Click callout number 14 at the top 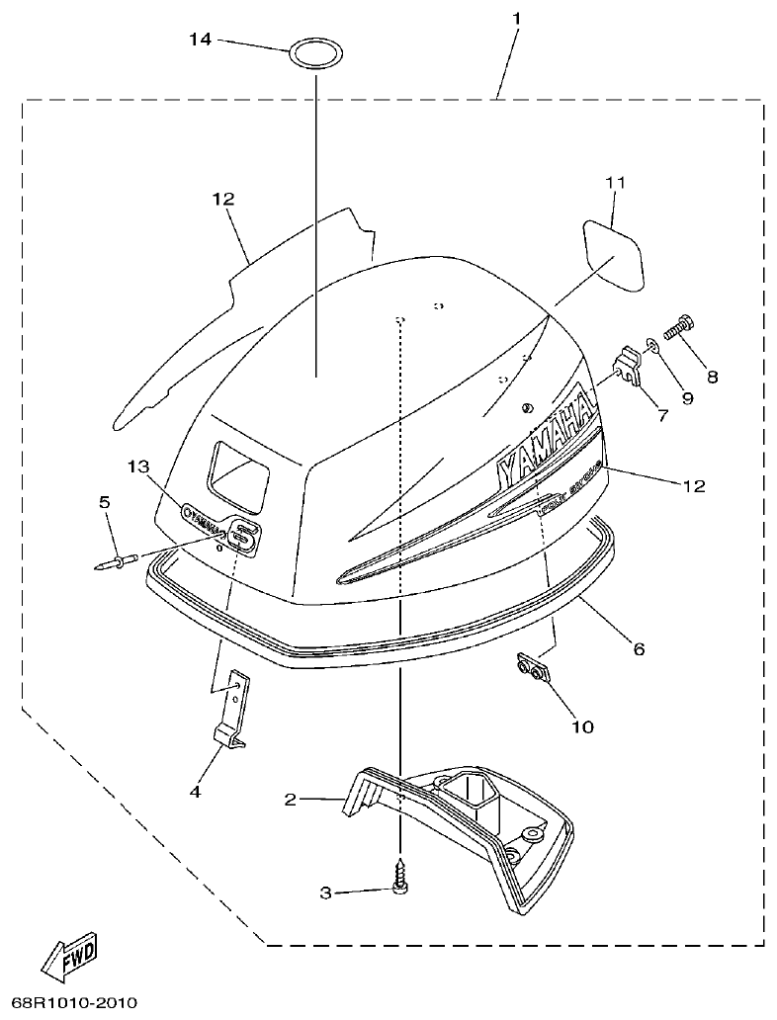[x=201, y=40]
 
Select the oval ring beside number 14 [x=314, y=52]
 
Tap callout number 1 [x=516, y=18]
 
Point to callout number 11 [x=616, y=183]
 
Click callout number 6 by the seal [x=639, y=649]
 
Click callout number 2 [x=291, y=799]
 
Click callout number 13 [x=139, y=466]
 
